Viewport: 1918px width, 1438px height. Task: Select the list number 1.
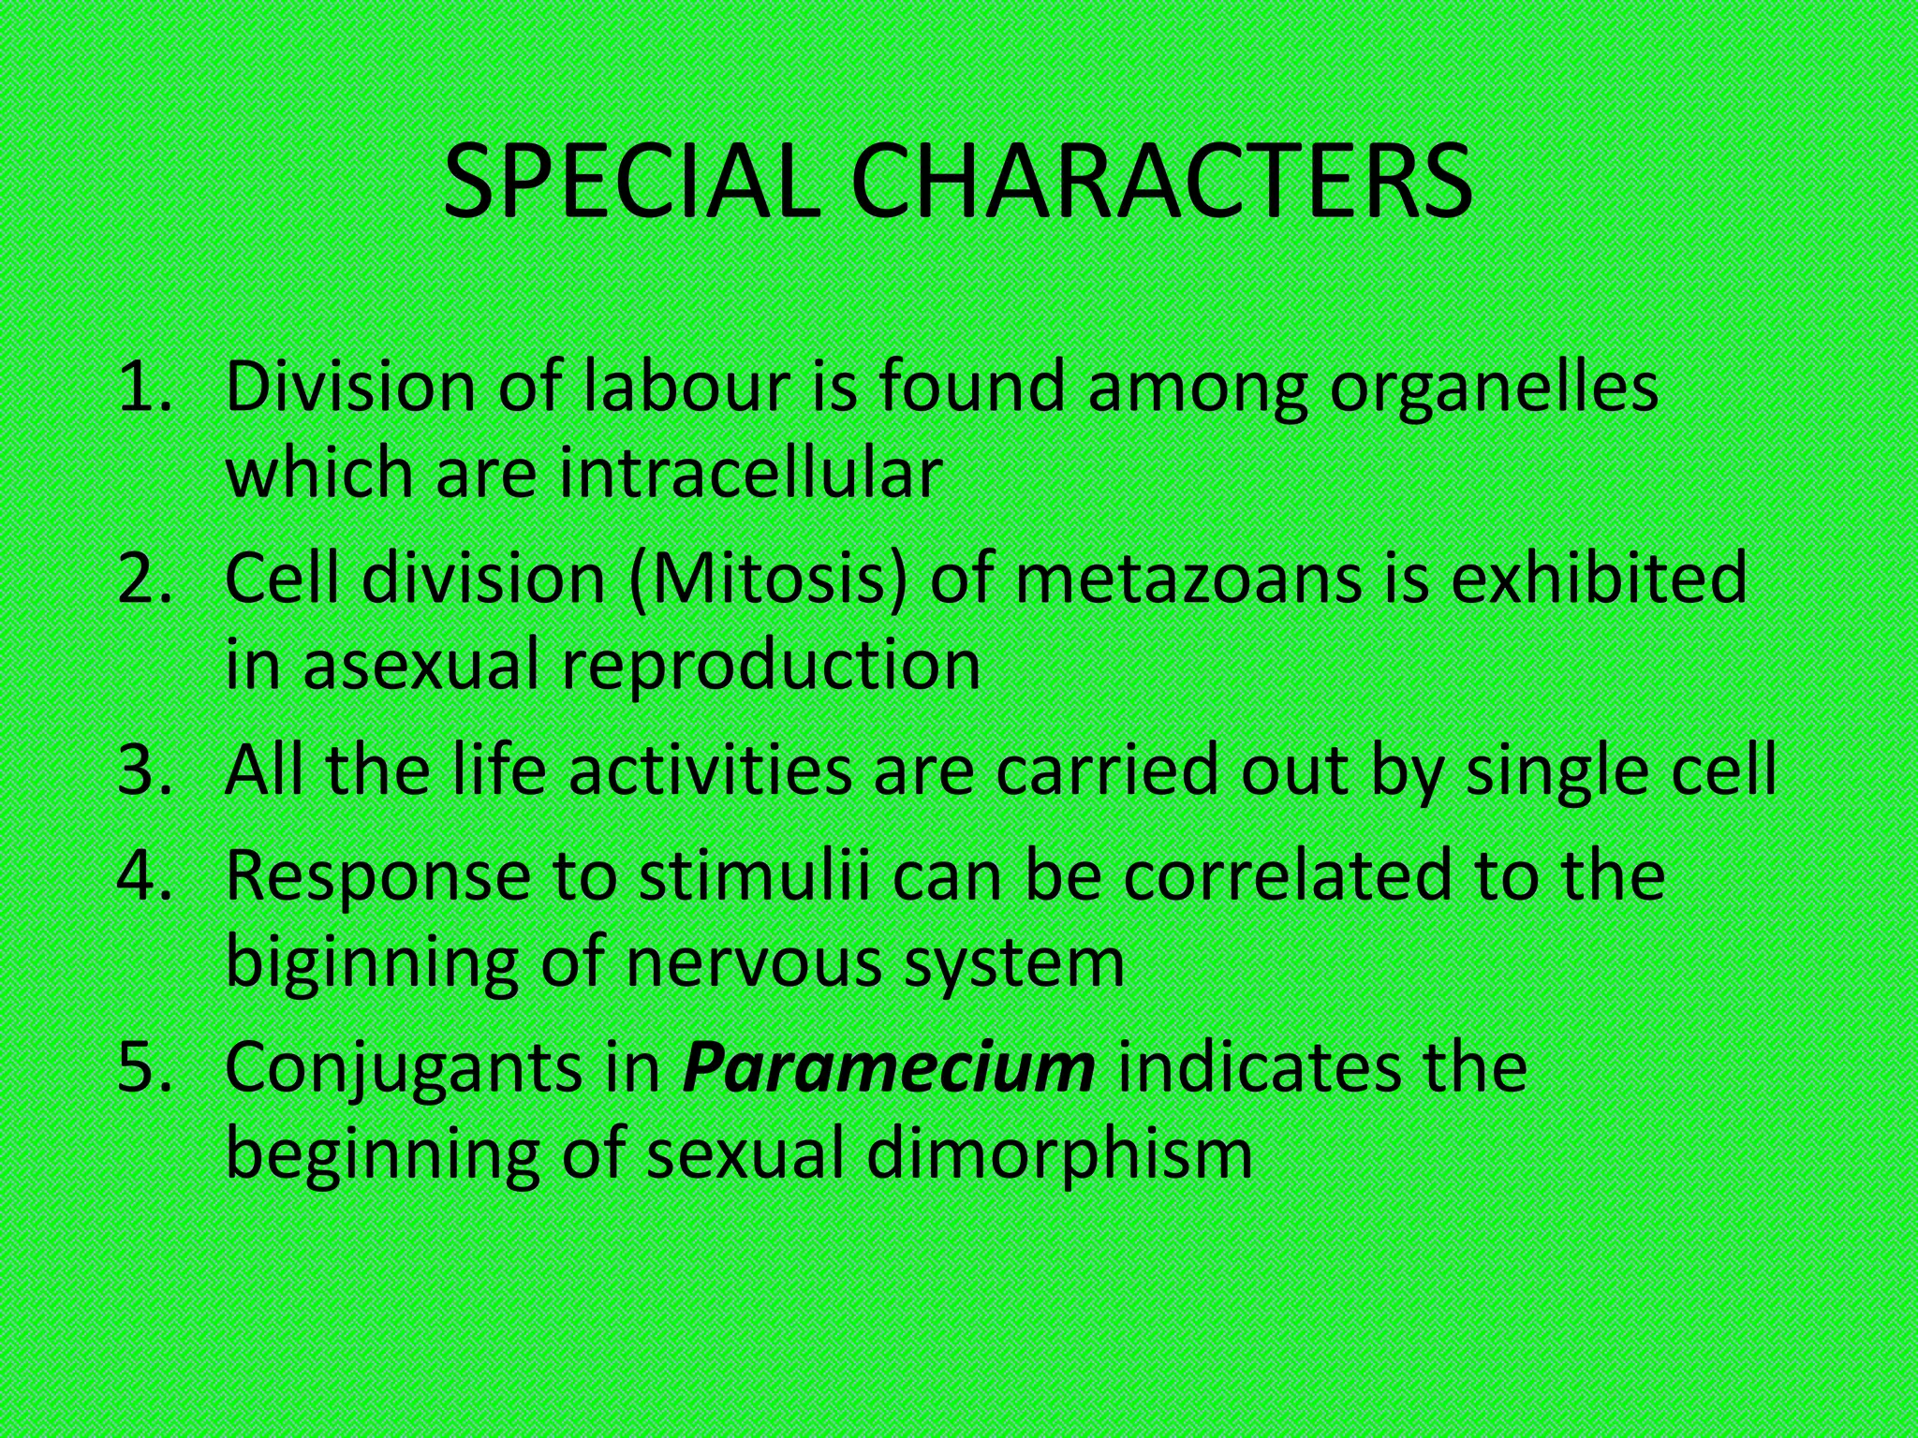[145, 388]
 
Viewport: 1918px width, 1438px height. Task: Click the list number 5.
[145, 1067]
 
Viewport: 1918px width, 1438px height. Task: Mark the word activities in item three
[711, 770]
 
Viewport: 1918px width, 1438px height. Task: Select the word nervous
[754, 962]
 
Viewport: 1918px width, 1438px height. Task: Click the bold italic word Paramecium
[888, 1067]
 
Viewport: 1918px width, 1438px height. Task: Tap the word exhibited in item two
[1598, 579]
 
